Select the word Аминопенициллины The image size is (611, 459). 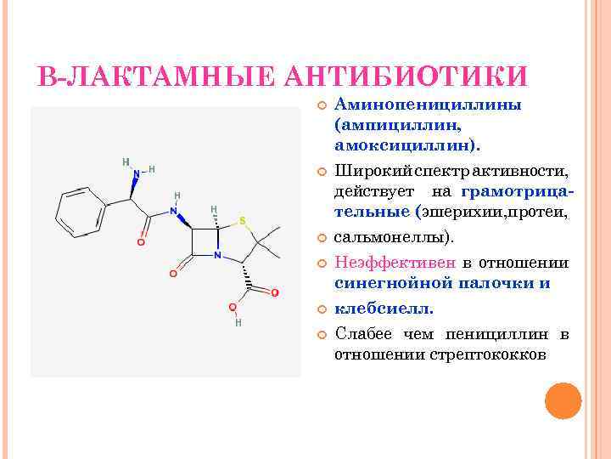[428, 105]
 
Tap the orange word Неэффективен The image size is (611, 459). [396, 263]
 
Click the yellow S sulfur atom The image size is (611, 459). [243, 222]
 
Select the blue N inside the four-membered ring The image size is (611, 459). [218, 253]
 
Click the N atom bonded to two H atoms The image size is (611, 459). [133, 175]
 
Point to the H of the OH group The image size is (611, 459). [238, 322]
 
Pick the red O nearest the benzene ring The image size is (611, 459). [140, 241]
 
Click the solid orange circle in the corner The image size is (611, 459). [563, 401]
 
